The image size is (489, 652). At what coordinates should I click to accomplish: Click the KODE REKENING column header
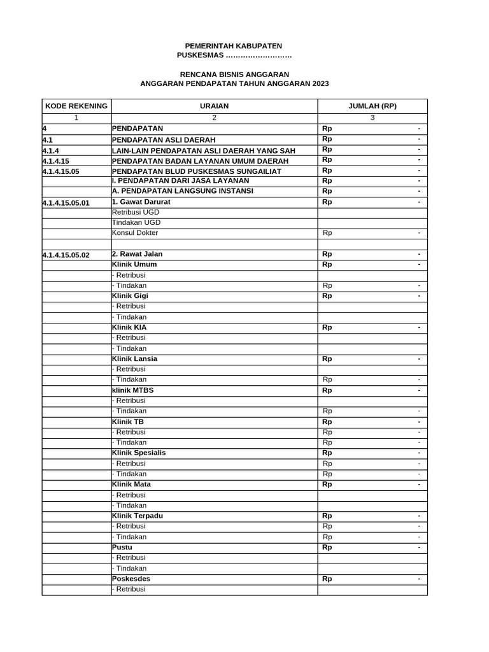pyautogui.click(x=76, y=106)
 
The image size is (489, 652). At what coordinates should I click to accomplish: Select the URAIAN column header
pyautogui.click(x=214, y=106)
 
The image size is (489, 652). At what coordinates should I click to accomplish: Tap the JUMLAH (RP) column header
pyautogui.click(x=372, y=106)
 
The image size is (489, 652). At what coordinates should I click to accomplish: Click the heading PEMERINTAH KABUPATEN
pyautogui.click(x=233, y=46)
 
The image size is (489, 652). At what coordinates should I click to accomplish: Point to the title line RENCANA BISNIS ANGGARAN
pyautogui.click(x=234, y=74)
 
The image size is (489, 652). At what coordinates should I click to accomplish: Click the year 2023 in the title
pyautogui.click(x=320, y=84)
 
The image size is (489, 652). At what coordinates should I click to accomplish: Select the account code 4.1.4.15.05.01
pyautogui.click(x=66, y=203)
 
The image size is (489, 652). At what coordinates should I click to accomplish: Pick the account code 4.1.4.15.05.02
pyautogui.click(x=66, y=255)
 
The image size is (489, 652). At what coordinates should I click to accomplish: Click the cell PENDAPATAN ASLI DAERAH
pyautogui.click(x=164, y=139)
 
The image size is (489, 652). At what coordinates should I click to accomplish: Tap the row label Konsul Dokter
pyautogui.click(x=135, y=233)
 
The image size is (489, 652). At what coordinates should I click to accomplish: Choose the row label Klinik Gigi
pyautogui.click(x=130, y=295)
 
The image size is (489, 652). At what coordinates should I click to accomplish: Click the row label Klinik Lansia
pyautogui.click(x=134, y=358)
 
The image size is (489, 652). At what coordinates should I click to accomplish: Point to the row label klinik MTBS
pyautogui.click(x=132, y=390)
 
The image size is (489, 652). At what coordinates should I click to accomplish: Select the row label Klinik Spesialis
pyautogui.click(x=139, y=453)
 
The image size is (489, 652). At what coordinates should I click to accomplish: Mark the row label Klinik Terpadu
pyautogui.click(x=137, y=515)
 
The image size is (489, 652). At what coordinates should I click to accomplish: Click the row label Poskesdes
pyautogui.click(x=131, y=579)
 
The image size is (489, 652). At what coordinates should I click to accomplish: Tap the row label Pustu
pyautogui.click(x=122, y=547)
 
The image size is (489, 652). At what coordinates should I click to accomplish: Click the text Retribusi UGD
pyautogui.click(x=136, y=212)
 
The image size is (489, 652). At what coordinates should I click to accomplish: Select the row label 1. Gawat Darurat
pyautogui.click(x=141, y=202)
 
